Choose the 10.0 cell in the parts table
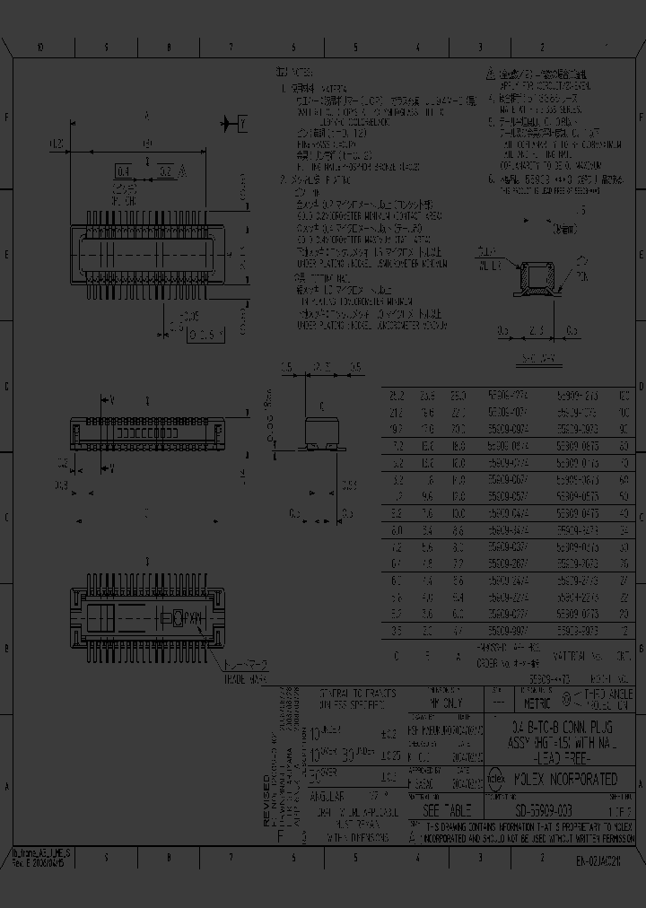tap(458, 514)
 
